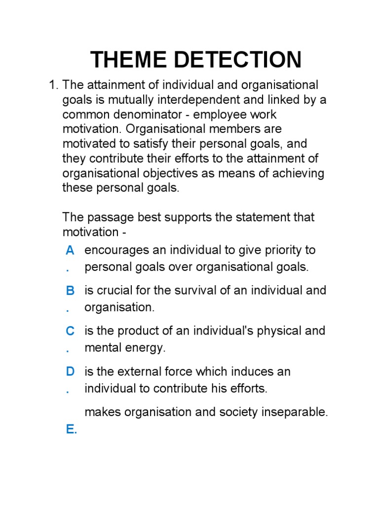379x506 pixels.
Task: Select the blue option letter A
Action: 70,251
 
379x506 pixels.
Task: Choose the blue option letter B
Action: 70,291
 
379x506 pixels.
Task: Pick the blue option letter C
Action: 70,331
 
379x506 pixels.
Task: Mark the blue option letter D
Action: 70,372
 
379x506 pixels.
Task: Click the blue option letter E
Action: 72,429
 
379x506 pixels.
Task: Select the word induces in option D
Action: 247,371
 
